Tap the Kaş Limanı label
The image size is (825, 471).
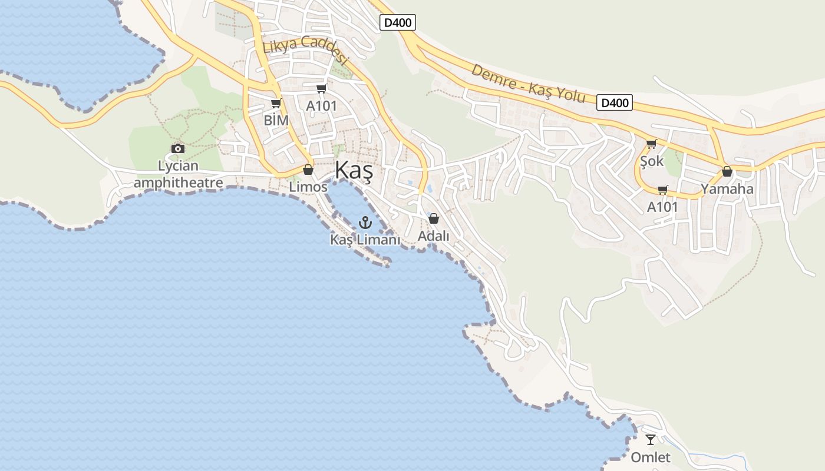(x=365, y=240)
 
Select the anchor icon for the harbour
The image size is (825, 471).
(x=365, y=223)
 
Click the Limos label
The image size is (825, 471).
(x=308, y=187)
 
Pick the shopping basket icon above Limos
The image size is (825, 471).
(x=308, y=170)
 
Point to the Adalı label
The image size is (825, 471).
(x=433, y=235)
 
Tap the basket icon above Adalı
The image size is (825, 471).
(x=434, y=218)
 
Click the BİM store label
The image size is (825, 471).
(x=276, y=121)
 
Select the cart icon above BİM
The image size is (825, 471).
(x=276, y=104)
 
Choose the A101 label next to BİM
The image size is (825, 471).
(x=321, y=106)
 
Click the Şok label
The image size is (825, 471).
(x=652, y=161)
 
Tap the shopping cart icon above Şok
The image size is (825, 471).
(x=651, y=144)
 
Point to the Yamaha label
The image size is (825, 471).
(x=727, y=189)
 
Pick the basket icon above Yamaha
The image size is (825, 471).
(x=727, y=171)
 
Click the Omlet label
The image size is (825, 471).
(x=651, y=457)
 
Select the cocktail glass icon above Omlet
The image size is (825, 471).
(x=651, y=440)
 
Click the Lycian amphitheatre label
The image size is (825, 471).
(x=178, y=174)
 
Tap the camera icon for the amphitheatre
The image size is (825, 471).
(x=178, y=148)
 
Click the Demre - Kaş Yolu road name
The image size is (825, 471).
(x=528, y=83)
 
